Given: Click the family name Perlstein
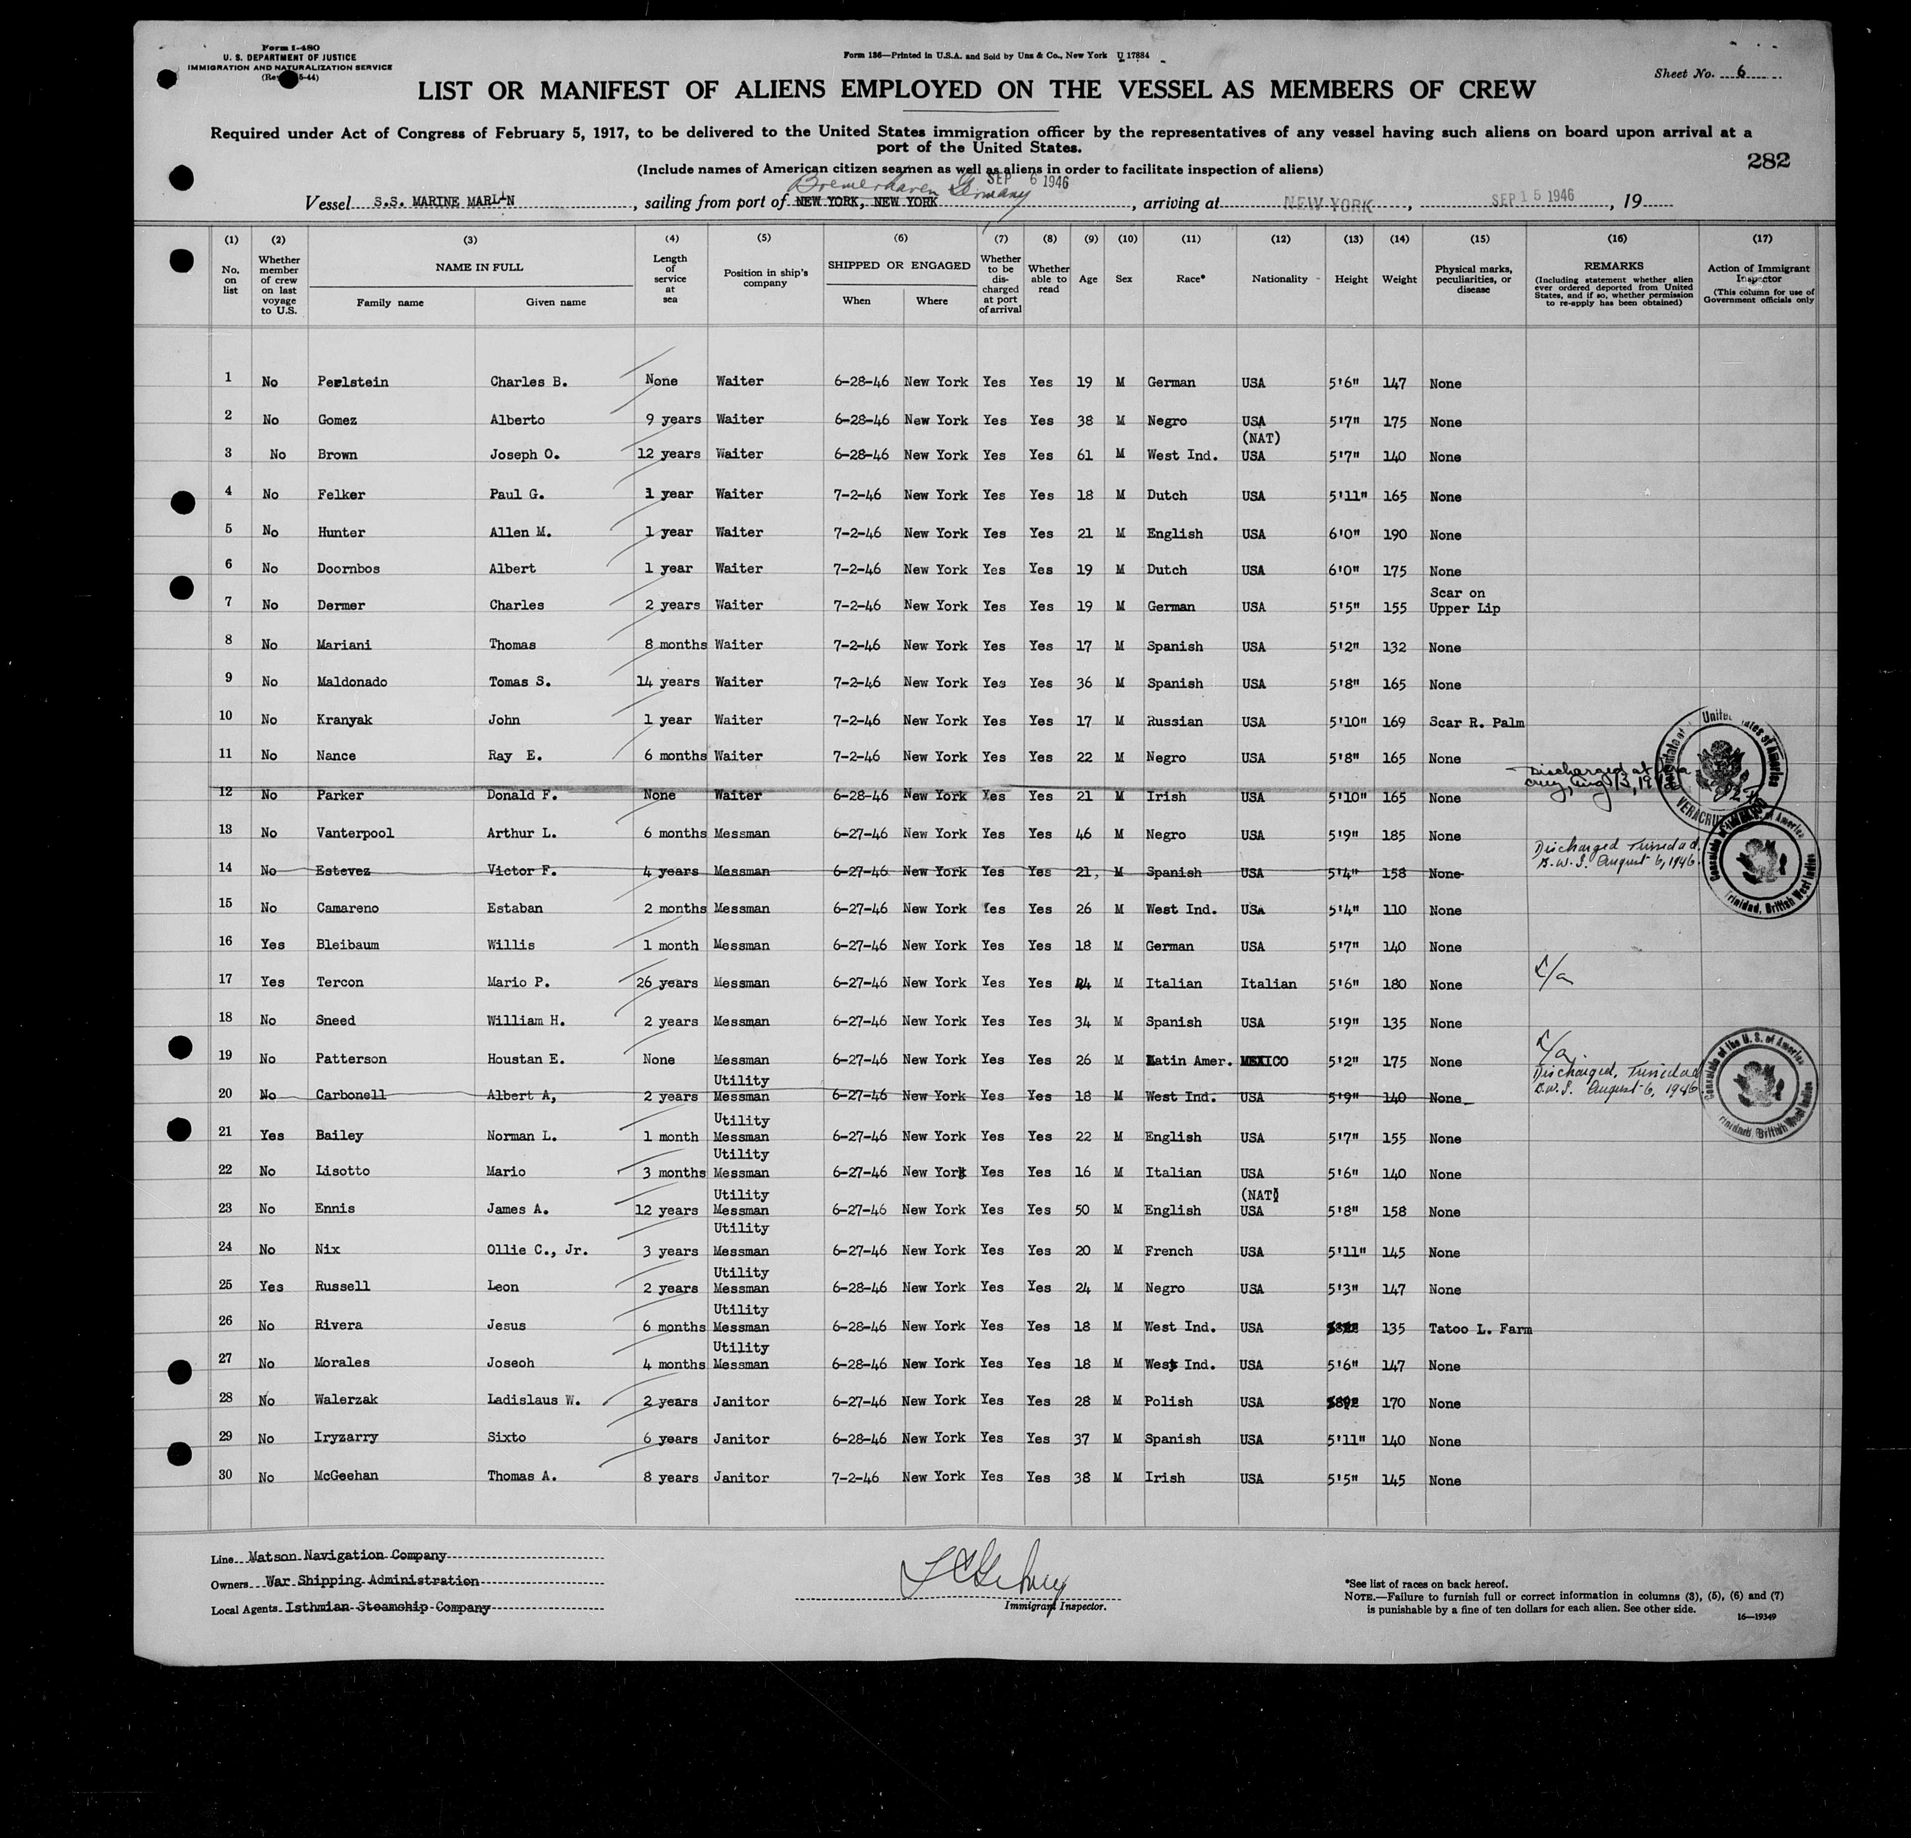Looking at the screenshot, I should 353,382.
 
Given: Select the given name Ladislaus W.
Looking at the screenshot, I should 534,1400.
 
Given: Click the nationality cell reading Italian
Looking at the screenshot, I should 1269,984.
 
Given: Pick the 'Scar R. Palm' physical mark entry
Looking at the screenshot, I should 1475,723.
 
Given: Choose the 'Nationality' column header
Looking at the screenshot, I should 1279,279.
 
